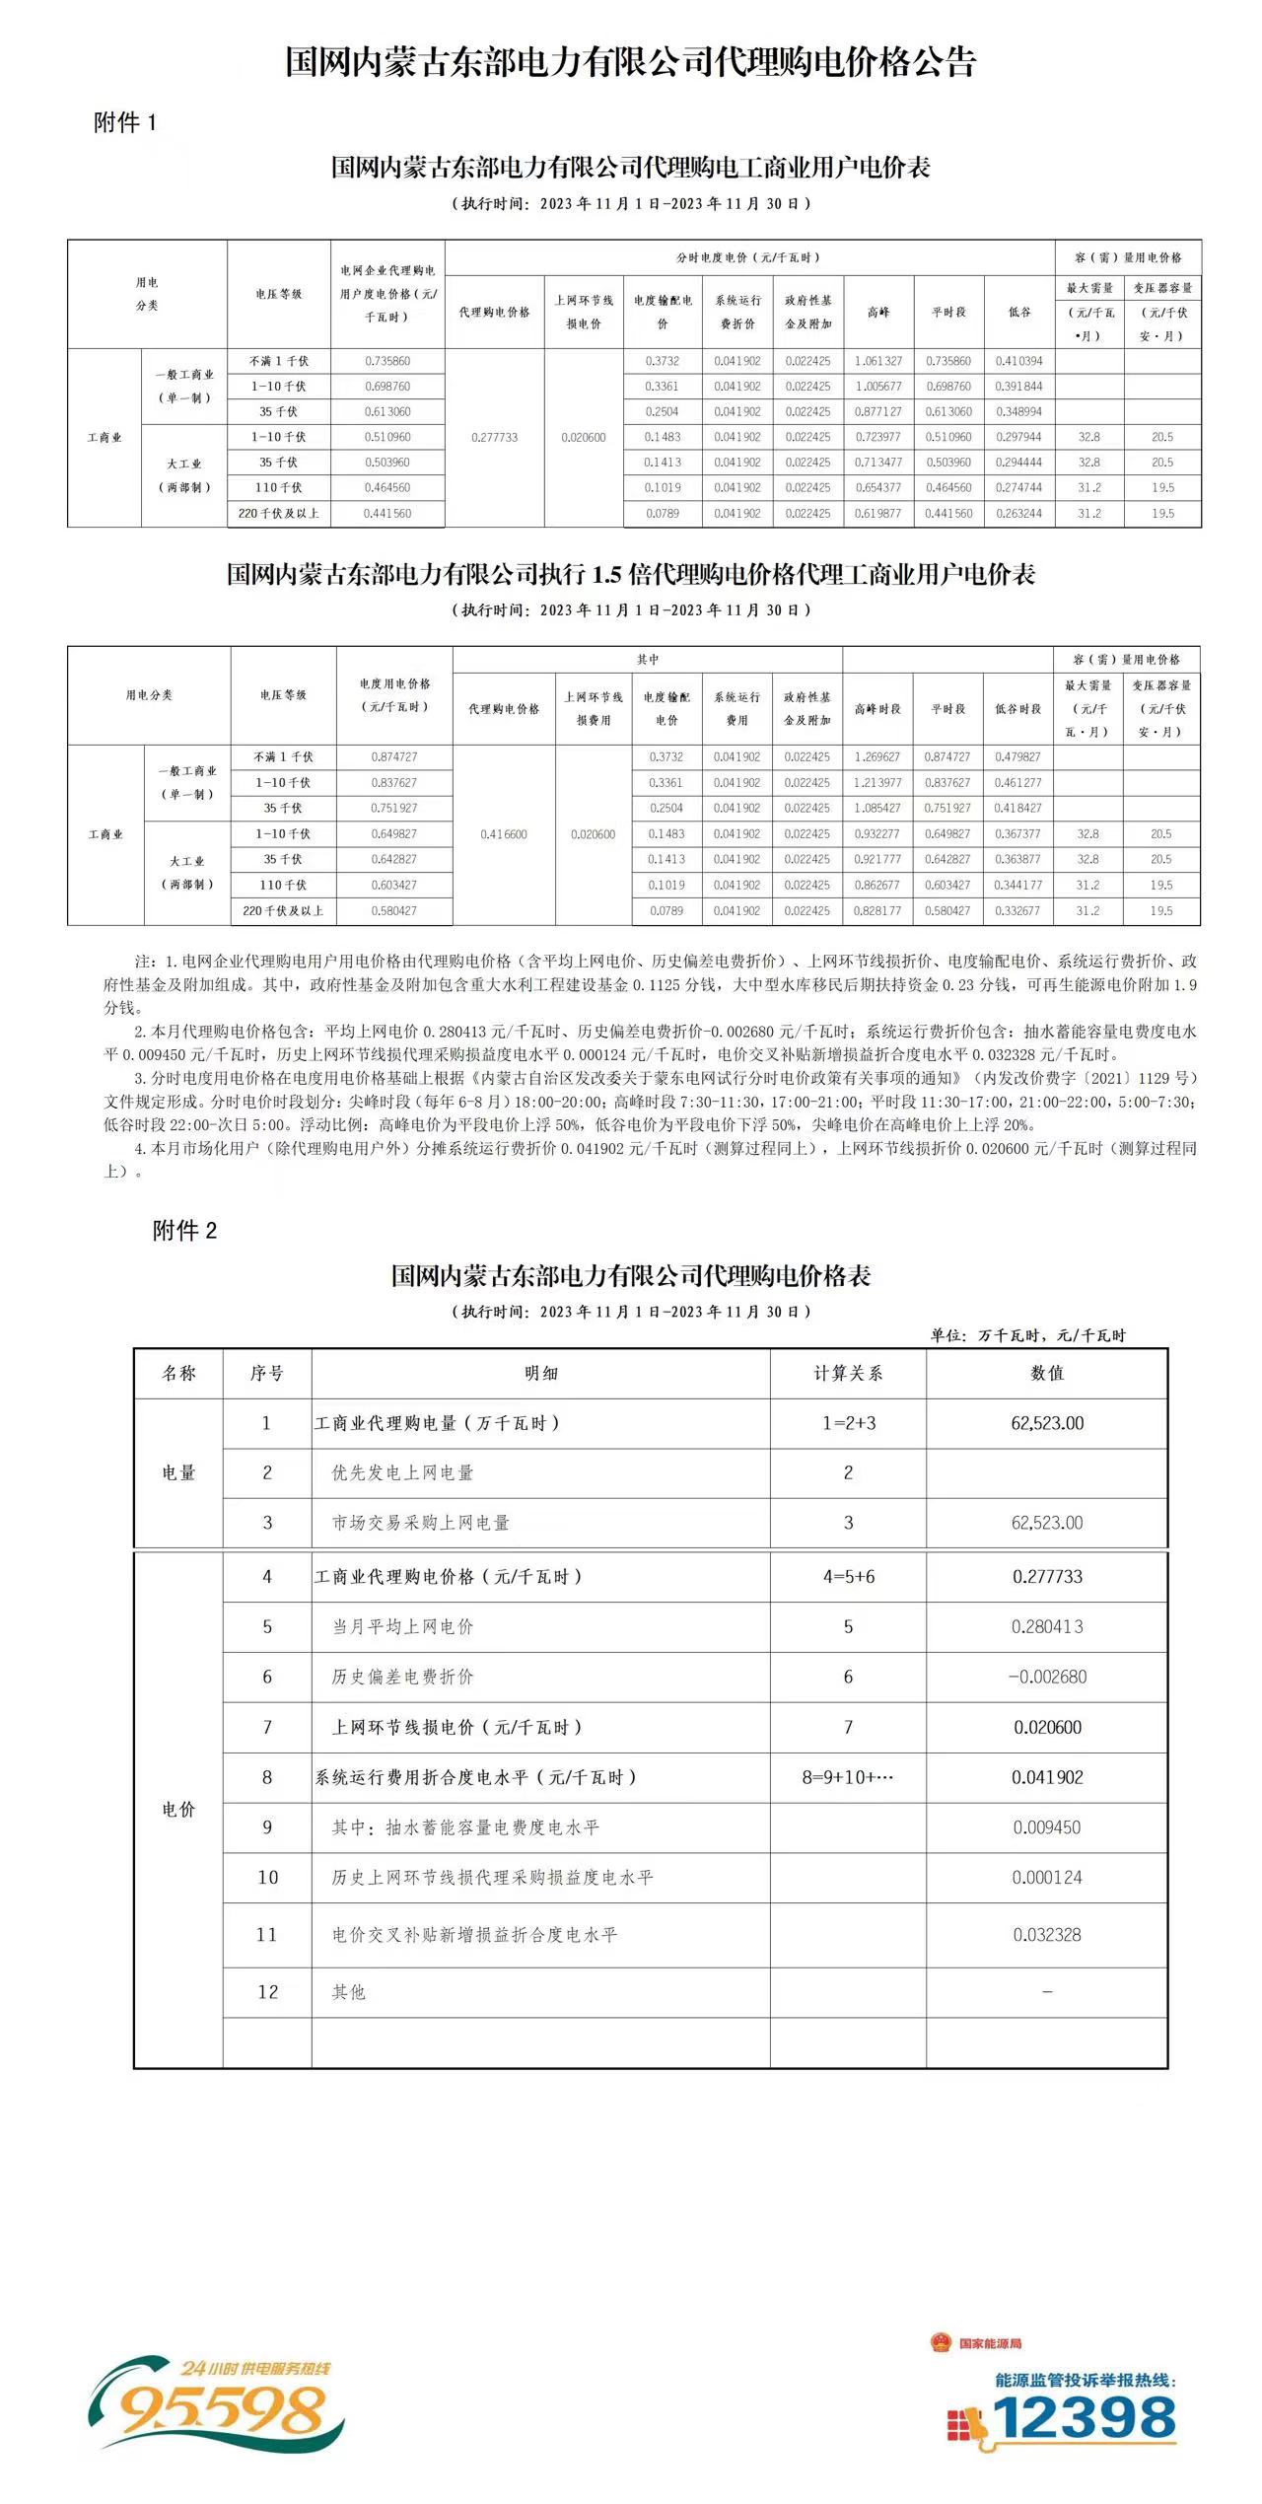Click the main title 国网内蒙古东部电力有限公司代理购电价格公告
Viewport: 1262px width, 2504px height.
[x=631, y=63]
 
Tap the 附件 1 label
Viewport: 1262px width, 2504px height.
[x=125, y=122]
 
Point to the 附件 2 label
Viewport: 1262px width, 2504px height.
[x=184, y=1230]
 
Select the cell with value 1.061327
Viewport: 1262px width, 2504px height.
[x=878, y=361]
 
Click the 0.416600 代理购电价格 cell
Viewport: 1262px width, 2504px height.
[x=504, y=834]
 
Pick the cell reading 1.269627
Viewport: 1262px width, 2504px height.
[x=877, y=757]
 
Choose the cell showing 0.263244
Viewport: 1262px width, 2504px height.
[x=1019, y=514]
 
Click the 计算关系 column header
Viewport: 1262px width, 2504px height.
[x=848, y=1373]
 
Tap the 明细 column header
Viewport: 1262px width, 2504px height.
[x=540, y=1373]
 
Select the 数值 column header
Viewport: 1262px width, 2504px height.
[x=1047, y=1373]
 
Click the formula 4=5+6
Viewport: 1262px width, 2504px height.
[x=848, y=1577]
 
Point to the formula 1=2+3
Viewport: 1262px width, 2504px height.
[x=848, y=1423]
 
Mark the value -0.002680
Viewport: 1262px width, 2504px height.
[x=1047, y=1677]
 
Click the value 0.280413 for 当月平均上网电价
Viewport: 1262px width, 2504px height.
[x=1047, y=1627]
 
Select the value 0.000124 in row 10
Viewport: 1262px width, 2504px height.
[x=1047, y=1878]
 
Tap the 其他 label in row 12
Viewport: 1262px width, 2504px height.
[x=349, y=1992]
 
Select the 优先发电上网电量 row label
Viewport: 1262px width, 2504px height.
[x=402, y=1472]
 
